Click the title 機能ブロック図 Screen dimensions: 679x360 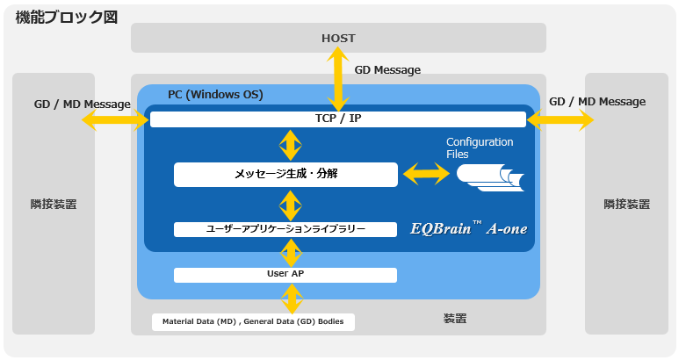pyautogui.click(x=67, y=18)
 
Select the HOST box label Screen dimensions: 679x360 pyautogui.click(x=338, y=38)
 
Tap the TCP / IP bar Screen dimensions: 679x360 pyautogui.click(x=338, y=119)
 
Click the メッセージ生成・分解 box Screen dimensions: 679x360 pyautogui.click(x=285, y=175)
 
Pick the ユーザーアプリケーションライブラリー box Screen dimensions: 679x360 pyautogui.click(x=285, y=229)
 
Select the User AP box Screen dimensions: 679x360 pyautogui.click(x=285, y=275)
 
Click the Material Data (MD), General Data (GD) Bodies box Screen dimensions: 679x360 pyautogui.click(x=253, y=322)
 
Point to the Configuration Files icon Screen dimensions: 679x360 pyautogui.click(x=490, y=177)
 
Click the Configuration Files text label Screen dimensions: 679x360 pyautogui.click(x=480, y=148)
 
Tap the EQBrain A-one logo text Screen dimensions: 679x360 pyautogui.click(x=468, y=228)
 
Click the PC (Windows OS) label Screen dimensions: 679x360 pyautogui.click(x=215, y=95)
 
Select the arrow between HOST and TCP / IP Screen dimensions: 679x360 pyautogui.click(x=338, y=79)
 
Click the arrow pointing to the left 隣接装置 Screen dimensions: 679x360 pyautogui.click(x=116, y=119)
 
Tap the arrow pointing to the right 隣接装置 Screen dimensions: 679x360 pyautogui.click(x=560, y=119)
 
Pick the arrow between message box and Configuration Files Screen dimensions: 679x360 pyautogui.click(x=427, y=174)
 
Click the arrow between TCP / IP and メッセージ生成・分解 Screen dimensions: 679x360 pyautogui.click(x=290, y=145)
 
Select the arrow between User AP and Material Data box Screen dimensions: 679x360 pyautogui.click(x=292, y=299)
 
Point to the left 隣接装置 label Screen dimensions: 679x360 pyautogui.click(x=54, y=205)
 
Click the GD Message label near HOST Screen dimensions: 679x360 pyautogui.click(x=387, y=70)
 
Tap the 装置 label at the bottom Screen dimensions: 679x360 pyautogui.click(x=455, y=319)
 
